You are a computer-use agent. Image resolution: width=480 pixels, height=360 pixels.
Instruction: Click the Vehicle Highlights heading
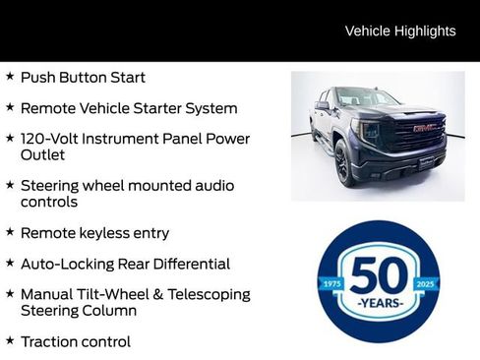[x=400, y=30]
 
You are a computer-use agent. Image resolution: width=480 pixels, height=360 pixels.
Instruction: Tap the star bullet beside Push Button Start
[x=10, y=77]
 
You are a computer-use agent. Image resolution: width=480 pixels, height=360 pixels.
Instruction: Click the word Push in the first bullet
[x=37, y=77]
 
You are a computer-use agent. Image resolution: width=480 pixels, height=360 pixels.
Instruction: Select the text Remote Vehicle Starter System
[x=129, y=108]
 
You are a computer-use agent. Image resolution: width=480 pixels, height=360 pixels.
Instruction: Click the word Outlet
[x=42, y=155]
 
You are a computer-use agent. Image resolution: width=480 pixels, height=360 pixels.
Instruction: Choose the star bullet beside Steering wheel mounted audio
[x=10, y=184]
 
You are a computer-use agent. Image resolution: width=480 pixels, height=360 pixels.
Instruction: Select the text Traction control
[x=75, y=341]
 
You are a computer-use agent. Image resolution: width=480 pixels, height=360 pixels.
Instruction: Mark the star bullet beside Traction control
[x=10, y=340]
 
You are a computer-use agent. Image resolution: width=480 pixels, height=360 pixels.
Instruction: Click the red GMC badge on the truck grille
[x=424, y=128]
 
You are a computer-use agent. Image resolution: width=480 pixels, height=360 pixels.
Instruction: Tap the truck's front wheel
[x=342, y=162]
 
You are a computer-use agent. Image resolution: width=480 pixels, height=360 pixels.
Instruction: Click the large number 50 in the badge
[x=378, y=274]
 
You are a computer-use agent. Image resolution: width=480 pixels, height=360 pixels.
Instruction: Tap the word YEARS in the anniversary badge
[x=379, y=303]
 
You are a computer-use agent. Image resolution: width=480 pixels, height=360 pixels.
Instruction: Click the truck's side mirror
[x=323, y=105]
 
